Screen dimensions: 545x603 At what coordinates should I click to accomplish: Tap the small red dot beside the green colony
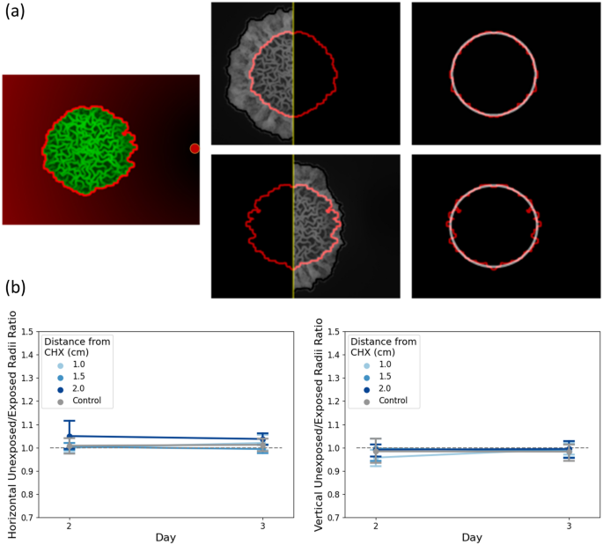click(x=195, y=149)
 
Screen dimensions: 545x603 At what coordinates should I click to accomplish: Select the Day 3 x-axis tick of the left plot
click(x=262, y=526)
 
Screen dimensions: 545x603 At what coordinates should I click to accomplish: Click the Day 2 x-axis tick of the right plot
click(x=376, y=526)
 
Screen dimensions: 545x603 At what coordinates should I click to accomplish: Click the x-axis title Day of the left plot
click(x=165, y=537)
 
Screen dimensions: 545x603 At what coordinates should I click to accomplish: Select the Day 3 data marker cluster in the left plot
click(x=262, y=443)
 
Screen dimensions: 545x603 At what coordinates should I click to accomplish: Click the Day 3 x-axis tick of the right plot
click(x=569, y=526)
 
